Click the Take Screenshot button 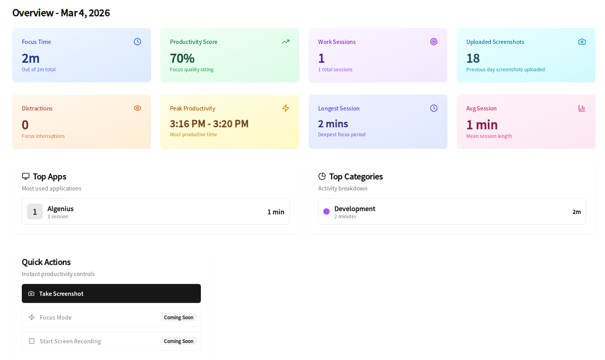tap(111, 293)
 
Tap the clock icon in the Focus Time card tap(137, 42)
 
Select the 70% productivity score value tap(182, 58)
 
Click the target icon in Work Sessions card tap(434, 42)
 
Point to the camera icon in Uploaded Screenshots tap(582, 42)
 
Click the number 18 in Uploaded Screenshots tap(473, 58)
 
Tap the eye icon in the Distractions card tap(137, 108)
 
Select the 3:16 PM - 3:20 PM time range tap(209, 124)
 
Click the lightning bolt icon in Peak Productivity tap(286, 108)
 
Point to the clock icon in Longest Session tap(434, 108)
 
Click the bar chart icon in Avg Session tap(582, 108)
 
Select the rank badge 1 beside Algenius tap(35, 211)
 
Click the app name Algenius tap(61, 209)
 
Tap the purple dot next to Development tap(326, 211)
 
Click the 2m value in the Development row tap(576, 212)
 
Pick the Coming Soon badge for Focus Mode tap(179, 317)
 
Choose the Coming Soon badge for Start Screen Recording tap(179, 341)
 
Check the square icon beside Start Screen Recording tap(32, 341)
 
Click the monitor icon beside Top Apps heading tap(26, 176)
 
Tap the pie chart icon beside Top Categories tap(322, 176)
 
